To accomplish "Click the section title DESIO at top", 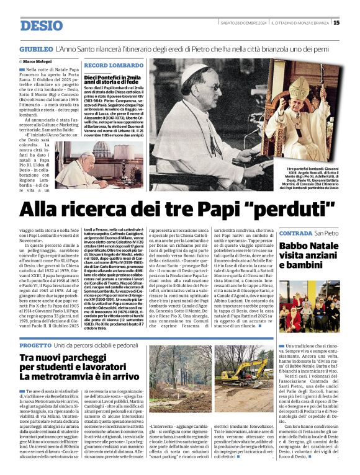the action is click(x=42, y=25).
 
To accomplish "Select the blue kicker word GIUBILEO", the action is click(x=36, y=48).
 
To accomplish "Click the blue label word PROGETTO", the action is click(x=35, y=344).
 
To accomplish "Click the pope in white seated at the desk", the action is click(x=76, y=167).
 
